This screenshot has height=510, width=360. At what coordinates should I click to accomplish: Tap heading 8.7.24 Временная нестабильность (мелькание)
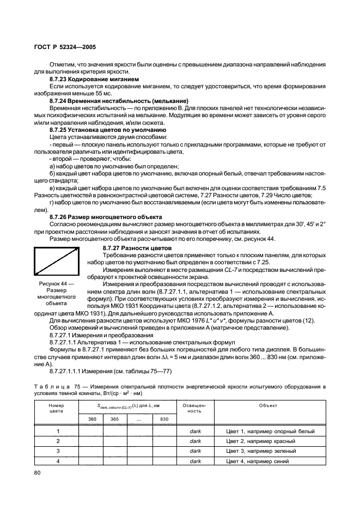coord(119,101)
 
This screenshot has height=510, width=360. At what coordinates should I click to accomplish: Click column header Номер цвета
coord(56,409)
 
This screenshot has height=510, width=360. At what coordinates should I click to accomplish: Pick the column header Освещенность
coord(195,409)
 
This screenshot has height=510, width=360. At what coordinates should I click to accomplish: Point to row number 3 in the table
coord(57,451)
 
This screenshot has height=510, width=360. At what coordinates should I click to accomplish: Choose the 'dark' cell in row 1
coord(195,431)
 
